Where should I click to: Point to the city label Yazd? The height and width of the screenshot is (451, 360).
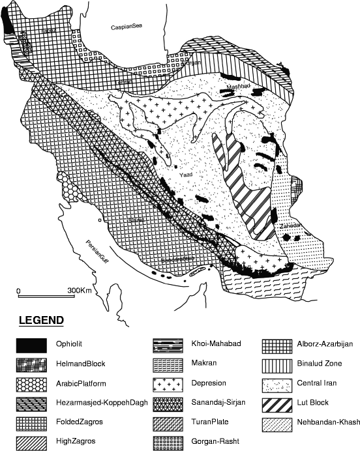[x=185, y=175]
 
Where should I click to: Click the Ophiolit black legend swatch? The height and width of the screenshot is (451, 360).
[x=33, y=343]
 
